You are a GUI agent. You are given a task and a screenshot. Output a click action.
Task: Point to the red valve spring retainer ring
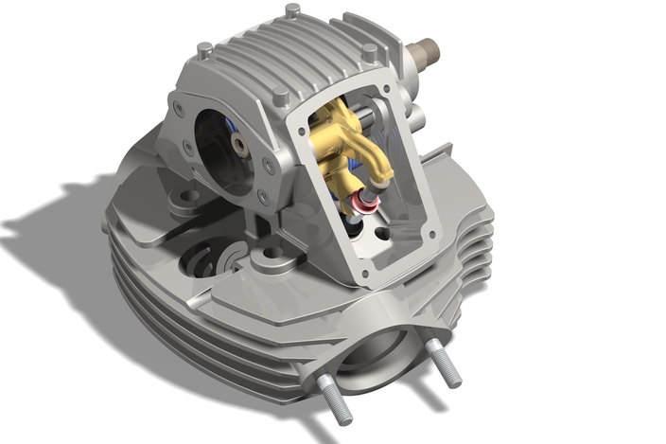coord(361,203)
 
